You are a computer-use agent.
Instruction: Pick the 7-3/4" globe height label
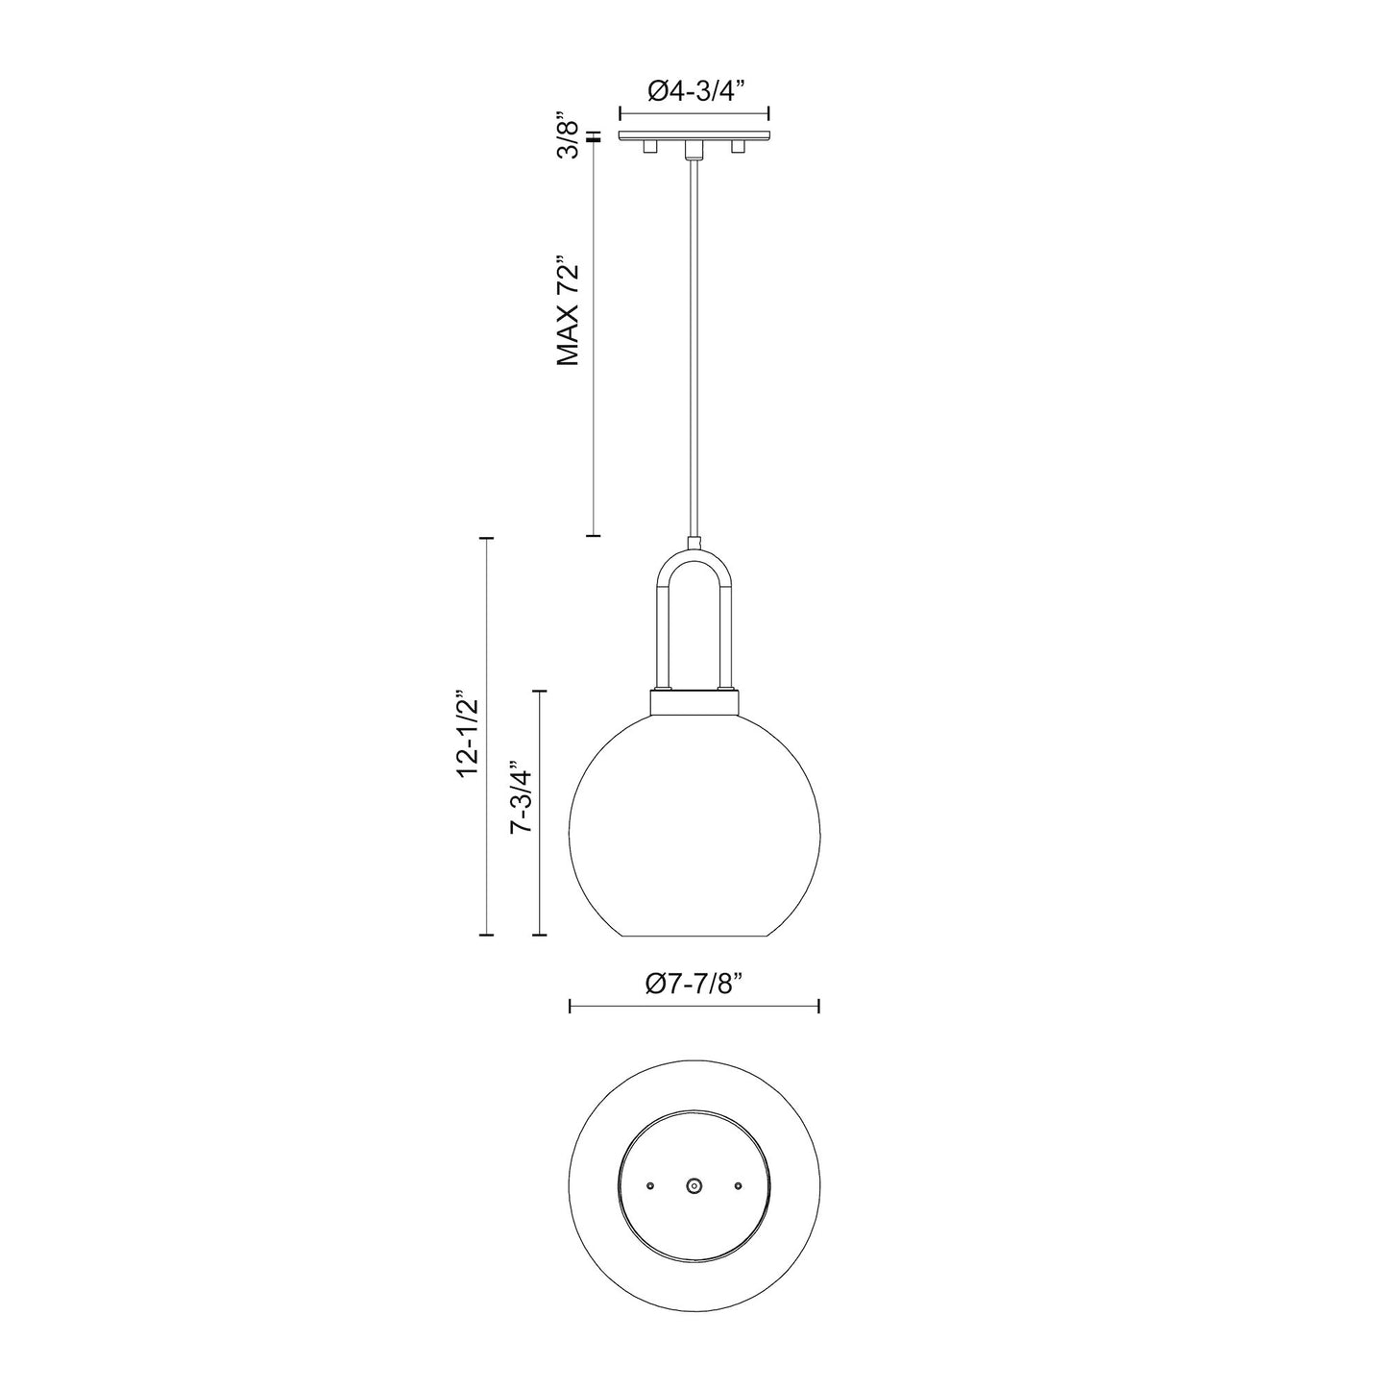click(522, 798)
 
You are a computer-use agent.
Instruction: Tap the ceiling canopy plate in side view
click(694, 134)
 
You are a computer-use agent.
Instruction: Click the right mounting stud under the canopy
click(738, 146)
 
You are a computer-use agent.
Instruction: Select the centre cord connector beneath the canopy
click(694, 149)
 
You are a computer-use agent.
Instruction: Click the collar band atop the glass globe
click(694, 702)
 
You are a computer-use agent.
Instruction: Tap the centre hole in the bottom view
click(694, 1186)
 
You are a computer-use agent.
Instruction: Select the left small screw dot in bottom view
click(650, 1186)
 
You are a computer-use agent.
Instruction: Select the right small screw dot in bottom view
click(738, 1186)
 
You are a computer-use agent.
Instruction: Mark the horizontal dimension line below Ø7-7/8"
click(694, 1006)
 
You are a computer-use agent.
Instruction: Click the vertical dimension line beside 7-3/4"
click(541, 812)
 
